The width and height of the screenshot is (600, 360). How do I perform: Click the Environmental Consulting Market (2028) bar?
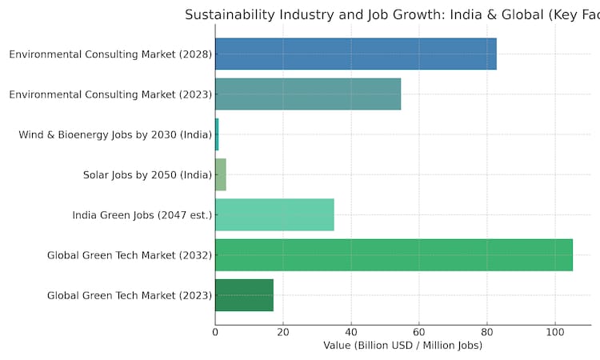(x=356, y=54)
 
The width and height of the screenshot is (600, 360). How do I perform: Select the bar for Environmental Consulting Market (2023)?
(x=308, y=94)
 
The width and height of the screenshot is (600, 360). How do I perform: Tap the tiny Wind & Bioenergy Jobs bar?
(x=217, y=134)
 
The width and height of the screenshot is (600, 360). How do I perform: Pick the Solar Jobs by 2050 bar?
(x=221, y=174)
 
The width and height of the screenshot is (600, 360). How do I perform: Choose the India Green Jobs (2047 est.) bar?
(x=274, y=214)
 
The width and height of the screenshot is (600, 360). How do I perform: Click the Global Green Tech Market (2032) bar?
(x=394, y=254)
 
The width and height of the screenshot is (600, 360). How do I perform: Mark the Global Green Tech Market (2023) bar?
(x=244, y=294)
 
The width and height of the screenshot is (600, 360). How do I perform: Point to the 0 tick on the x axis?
(x=215, y=331)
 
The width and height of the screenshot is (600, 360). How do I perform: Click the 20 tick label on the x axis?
(x=283, y=331)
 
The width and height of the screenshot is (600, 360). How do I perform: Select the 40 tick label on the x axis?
(x=351, y=331)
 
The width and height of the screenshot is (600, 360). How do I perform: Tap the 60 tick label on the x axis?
(x=419, y=331)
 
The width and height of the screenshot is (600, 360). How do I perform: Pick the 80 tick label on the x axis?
(x=487, y=331)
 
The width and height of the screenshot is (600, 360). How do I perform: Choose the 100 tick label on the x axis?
(x=554, y=331)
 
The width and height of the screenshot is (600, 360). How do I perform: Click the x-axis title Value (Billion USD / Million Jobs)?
(x=402, y=346)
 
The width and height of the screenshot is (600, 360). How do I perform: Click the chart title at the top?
(x=392, y=14)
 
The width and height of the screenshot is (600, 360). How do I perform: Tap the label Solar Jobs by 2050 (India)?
(x=147, y=174)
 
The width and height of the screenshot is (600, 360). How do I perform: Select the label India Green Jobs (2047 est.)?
(x=142, y=214)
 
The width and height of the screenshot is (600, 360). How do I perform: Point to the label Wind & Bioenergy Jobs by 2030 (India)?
(x=114, y=134)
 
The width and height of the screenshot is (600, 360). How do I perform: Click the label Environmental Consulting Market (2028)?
(x=110, y=54)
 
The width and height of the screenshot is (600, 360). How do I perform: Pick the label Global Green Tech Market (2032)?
(x=130, y=254)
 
